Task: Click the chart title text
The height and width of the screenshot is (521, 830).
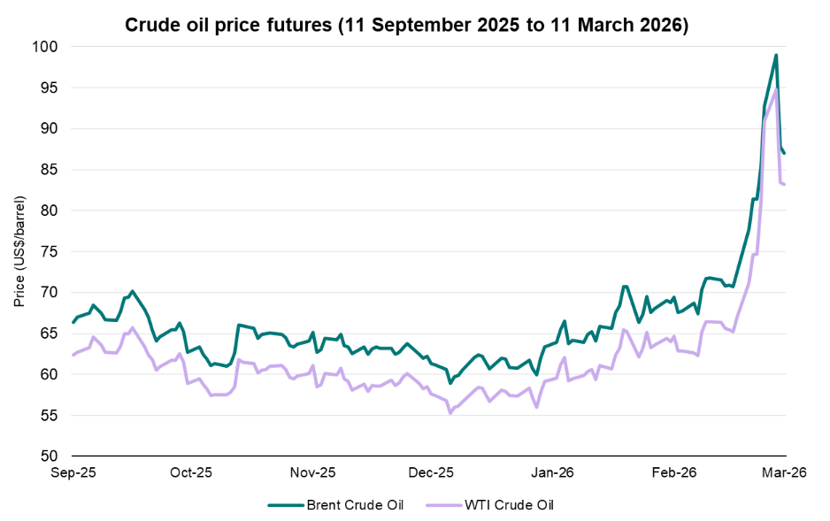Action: point(406,26)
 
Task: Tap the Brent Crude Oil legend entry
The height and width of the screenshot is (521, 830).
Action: point(336,505)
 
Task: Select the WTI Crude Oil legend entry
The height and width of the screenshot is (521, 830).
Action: point(495,505)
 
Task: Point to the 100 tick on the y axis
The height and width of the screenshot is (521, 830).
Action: point(47,46)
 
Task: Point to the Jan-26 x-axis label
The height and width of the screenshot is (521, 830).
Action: point(554,473)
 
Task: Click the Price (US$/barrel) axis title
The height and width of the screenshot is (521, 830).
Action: point(19,251)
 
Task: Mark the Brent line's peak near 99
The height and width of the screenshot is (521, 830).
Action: point(776,55)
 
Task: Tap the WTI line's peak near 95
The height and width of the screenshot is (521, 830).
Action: point(776,88)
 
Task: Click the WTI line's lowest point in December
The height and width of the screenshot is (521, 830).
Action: point(450,413)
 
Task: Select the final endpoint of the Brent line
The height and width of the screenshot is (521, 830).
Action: point(785,153)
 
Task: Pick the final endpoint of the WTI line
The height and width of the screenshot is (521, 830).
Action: point(785,184)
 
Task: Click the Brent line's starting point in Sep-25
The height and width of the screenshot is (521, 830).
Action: point(73,323)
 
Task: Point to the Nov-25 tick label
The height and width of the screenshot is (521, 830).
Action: point(313,473)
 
